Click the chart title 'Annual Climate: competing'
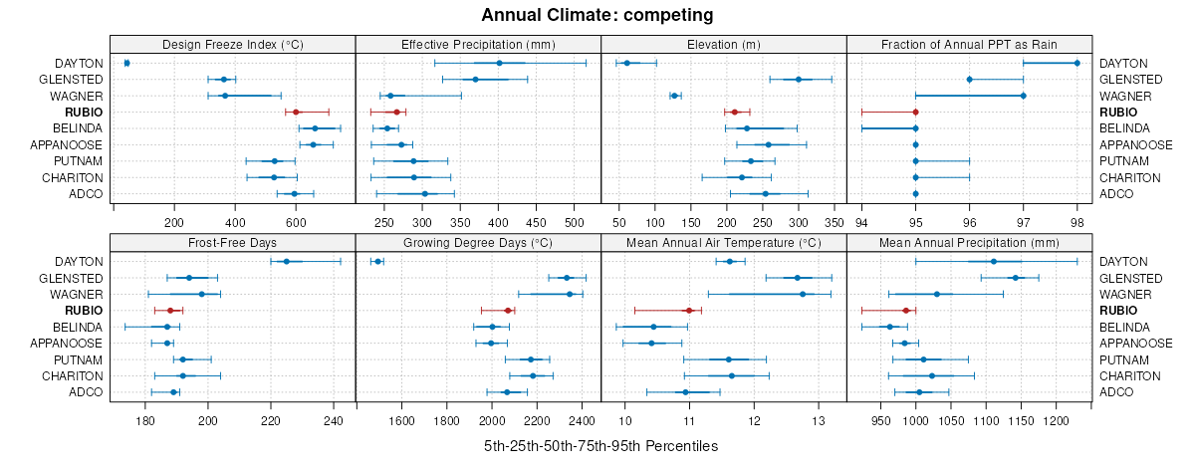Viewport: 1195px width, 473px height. pos(597,15)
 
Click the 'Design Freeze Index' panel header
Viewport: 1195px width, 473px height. pos(233,44)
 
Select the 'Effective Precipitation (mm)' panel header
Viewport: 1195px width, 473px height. pos(478,44)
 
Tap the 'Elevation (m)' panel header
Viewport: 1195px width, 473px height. pos(724,44)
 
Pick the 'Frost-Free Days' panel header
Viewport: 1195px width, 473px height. pos(233,241)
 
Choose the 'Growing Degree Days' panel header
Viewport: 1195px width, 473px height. pos(478,241)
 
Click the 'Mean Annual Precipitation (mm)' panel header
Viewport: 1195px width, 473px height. pos(969,241)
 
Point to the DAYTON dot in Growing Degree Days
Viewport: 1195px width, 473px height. pos(377,262)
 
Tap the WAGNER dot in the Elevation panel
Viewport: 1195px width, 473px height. pos(674,96)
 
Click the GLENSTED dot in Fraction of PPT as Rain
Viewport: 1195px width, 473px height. pos(969,80)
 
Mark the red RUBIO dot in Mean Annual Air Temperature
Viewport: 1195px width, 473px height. pos(688,311)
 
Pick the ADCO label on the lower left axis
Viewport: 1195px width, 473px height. pos(87,392)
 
